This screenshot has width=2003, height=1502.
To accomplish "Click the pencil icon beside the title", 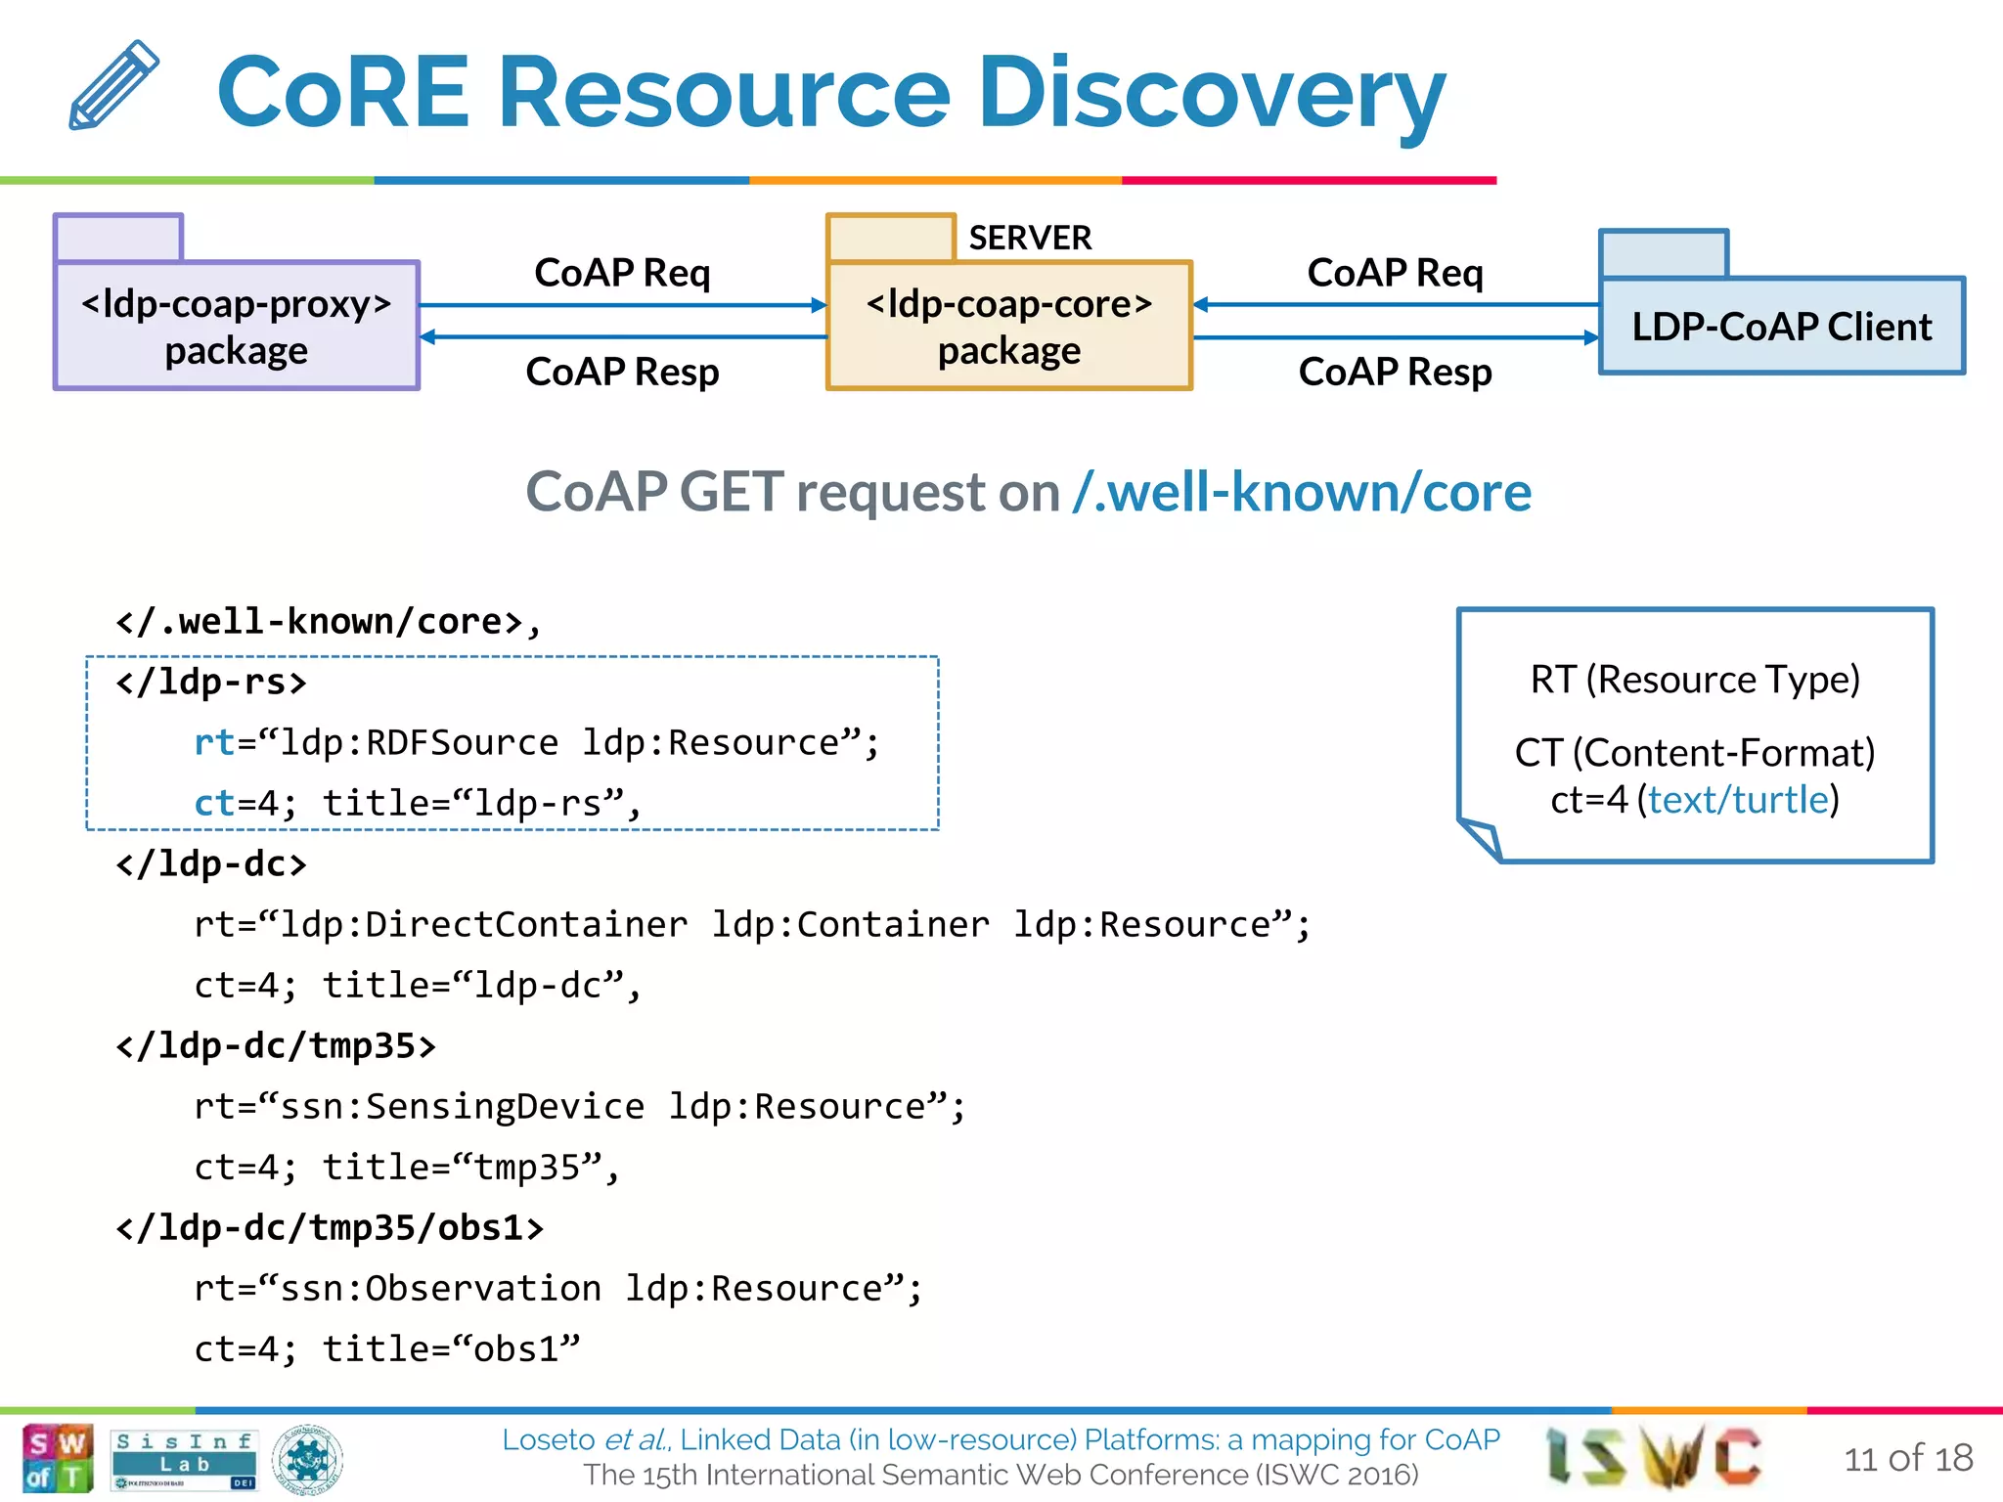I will click(x=113, y=85).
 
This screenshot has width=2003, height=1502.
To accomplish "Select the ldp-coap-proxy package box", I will click(x=237, y=326).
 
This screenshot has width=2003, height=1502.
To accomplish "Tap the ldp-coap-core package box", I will click(x=1008, y=326).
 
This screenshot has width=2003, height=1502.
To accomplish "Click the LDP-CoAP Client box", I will click(x=1781, y=326).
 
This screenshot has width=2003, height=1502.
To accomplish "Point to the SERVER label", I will click(x=1029, y=238).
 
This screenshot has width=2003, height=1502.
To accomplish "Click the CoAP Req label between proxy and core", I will click(x=622, y=273).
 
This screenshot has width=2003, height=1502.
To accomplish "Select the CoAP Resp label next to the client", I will click(x=1395, y=372).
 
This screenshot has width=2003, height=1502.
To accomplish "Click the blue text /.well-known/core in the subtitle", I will click(x=1301, y=492).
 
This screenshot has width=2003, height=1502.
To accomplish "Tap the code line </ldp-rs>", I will click(x=211, y=682).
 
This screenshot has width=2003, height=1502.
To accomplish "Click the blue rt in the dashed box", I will click(x=214, y=742).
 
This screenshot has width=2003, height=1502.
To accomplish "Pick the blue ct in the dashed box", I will click(x=214, y=803).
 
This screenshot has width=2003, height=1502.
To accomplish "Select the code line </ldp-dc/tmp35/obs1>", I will click(x=330, y=1227).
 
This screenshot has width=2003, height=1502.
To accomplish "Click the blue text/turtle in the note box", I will click(x=1738, y=800).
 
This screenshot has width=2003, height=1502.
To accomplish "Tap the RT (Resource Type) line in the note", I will click(x=1694, y=680).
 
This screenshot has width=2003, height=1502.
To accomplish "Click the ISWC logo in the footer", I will click(x=1654, y=1457).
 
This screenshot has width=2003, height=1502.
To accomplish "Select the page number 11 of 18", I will click(x=1907, y=1458).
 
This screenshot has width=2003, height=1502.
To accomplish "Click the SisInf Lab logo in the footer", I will click(x=184, y=1458).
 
